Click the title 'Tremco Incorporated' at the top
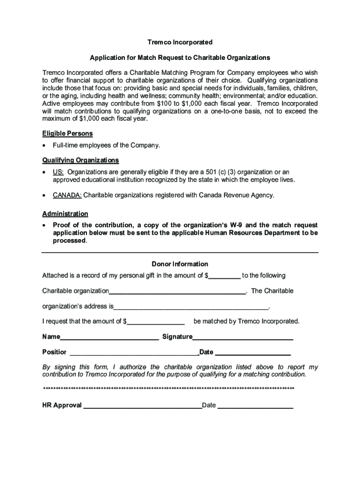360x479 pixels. (180, 43)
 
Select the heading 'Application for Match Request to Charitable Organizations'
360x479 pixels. (180, 58)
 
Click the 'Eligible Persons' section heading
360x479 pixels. (67, 133)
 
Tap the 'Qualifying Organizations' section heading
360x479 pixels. (80, 160)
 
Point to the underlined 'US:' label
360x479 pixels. (58, 172)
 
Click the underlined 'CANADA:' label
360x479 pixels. (67, 195)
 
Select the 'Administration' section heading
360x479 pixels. (65, 214)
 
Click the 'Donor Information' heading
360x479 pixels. (180, 264)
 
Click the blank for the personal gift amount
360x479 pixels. (224, 276)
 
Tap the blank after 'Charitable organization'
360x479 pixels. (177, 291)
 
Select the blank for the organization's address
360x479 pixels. (191, 307)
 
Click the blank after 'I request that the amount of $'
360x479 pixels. (156, 322)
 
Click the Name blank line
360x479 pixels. (109, 337)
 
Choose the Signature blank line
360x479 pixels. (243, 337)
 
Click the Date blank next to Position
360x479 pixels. (252, 353)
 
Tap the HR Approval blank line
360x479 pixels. (142, 406)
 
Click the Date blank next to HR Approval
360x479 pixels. (255, 406)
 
